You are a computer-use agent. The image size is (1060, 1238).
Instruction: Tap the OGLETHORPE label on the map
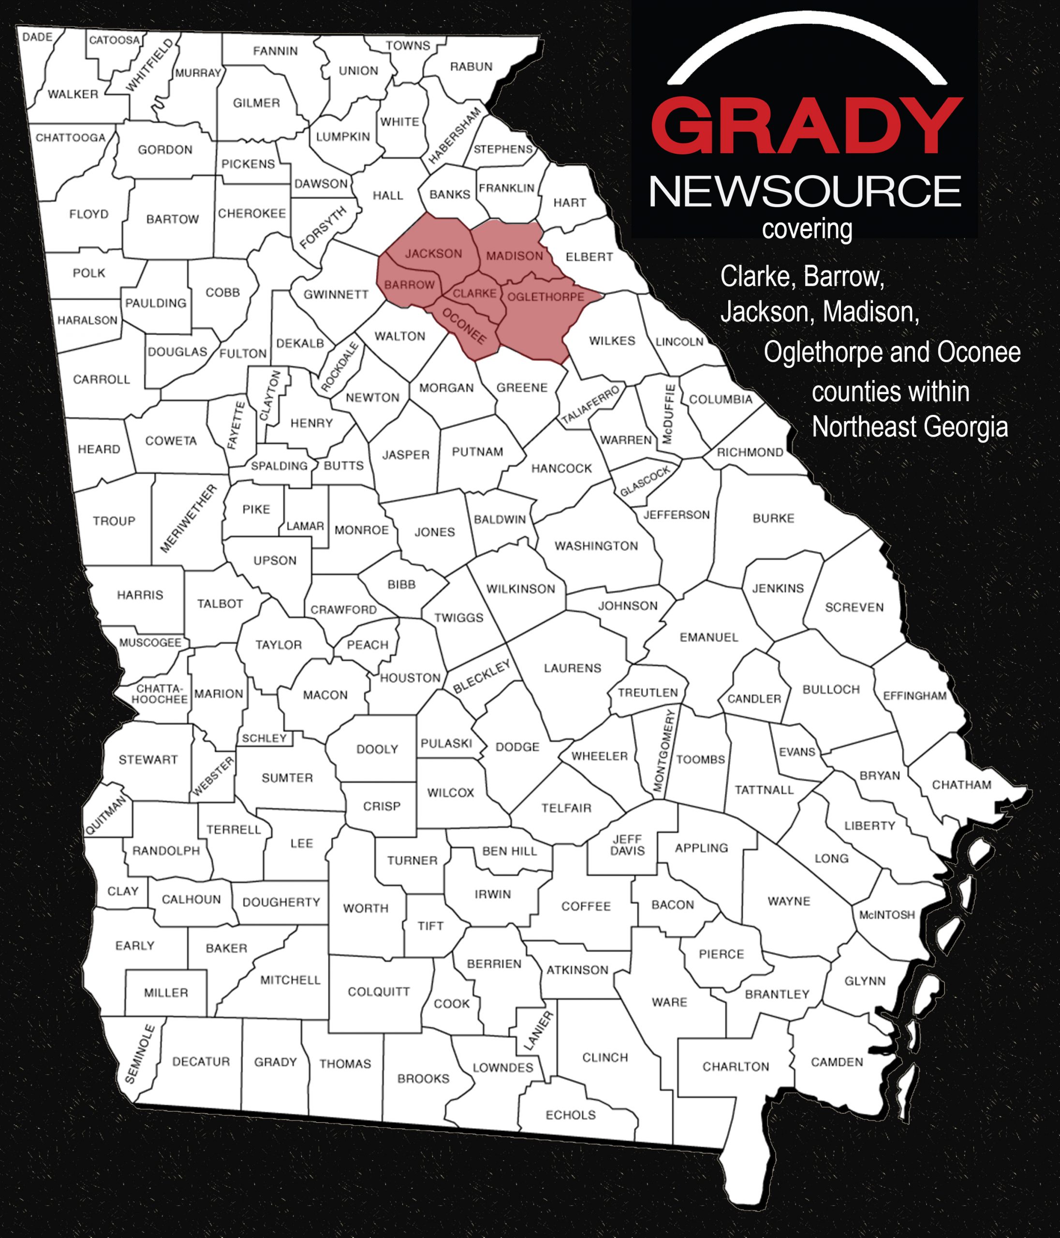coord(545,297)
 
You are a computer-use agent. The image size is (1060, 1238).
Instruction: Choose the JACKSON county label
coord(433,254)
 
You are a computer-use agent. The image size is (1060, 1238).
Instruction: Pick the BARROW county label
coord(409,285)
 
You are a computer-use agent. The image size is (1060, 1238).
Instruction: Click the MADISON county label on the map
coord(514,256)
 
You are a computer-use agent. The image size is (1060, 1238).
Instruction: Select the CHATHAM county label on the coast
coord(961,785)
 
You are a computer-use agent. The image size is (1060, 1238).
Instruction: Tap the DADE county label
coord(38,37)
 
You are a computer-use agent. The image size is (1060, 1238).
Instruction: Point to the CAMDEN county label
coord(837,1062)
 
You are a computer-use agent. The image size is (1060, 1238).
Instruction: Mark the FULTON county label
coord(243,354)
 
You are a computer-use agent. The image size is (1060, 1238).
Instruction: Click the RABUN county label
coord(471,67)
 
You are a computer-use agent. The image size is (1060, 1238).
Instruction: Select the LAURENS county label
coord(572,668)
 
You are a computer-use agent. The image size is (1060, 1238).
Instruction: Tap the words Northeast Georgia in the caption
coord(910,427)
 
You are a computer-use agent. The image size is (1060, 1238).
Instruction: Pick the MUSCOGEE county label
coord(150,642)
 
